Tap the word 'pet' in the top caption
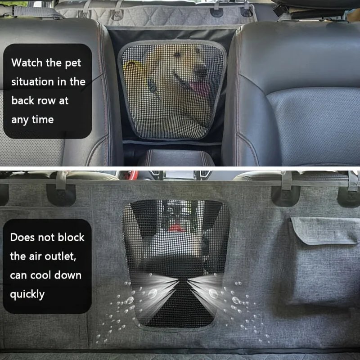click(x=73, y=63)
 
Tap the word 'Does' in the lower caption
click(x=22, y=237)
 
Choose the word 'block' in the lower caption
click(x=71, y=237)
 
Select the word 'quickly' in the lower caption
click(x=27, y=294)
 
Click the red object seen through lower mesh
click(x=176, y=229)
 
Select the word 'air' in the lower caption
click(x=35, y=256)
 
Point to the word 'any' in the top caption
click(x=20, y=120)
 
